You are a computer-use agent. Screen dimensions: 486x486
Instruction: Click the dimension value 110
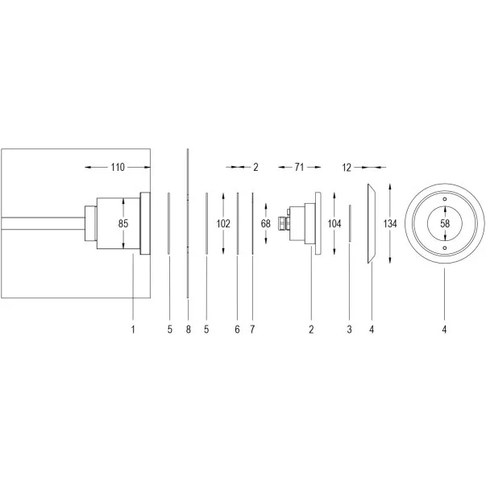(x=118, y=168)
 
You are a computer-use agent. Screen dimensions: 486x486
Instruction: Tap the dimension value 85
(x=123, y=223)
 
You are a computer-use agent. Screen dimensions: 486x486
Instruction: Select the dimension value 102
(x=223, y=223)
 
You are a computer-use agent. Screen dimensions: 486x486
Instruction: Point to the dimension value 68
(x=266, y=223)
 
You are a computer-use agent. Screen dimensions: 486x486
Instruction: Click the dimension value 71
(x=299, y=168)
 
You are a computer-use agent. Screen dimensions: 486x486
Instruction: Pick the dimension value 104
(x=334, y=223)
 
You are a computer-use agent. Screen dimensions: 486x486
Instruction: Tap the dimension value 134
(x=390, y=223)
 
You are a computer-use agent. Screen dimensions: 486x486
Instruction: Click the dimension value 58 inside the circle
(x=445, y=223)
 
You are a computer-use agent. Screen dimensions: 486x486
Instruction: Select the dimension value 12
(x=347, y=168)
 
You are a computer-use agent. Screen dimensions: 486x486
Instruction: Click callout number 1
(x=133, y=329)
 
